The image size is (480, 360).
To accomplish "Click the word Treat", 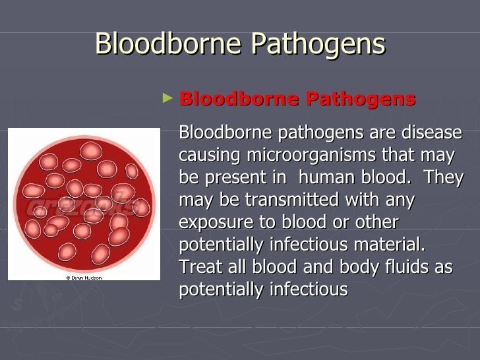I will [x=198, y=266].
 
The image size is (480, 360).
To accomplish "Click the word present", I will [x=235, y=177].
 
